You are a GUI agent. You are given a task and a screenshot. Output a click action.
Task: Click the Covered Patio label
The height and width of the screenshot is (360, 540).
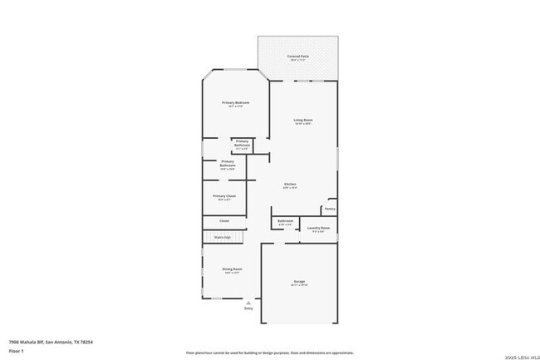tap(299, 57)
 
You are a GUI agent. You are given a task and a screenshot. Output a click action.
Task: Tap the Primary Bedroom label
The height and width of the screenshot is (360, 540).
tap(235, 103)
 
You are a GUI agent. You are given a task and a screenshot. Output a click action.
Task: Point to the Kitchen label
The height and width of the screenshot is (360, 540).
tap(290, 185)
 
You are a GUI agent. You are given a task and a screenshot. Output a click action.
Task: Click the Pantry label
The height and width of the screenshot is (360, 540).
tap(330, 209)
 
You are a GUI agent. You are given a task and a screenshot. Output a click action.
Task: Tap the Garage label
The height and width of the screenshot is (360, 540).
tap(299, 282)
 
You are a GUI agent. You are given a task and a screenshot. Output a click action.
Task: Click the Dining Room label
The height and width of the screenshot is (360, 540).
tap(232, 269)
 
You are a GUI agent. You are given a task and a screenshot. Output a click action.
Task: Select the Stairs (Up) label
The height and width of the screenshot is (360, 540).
tap(222, 237)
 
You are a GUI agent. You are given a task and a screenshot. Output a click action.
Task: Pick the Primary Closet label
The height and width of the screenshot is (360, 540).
tap(224, 196)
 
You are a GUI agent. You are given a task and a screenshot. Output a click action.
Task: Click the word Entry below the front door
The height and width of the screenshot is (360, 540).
tap(248, 309)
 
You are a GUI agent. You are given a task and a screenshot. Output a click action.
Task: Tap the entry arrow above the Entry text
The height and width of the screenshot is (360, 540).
tap(248, 303)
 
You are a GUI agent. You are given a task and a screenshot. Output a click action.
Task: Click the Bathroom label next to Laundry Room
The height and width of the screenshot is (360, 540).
tap(286, 221)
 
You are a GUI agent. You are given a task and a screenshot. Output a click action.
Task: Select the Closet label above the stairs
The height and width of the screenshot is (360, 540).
tap(224, 220)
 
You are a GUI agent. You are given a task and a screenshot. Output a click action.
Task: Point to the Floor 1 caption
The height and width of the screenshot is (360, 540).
tap(17, 350)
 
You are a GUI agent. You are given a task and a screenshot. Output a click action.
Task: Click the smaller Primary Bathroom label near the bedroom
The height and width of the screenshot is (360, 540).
tap(242, 143)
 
